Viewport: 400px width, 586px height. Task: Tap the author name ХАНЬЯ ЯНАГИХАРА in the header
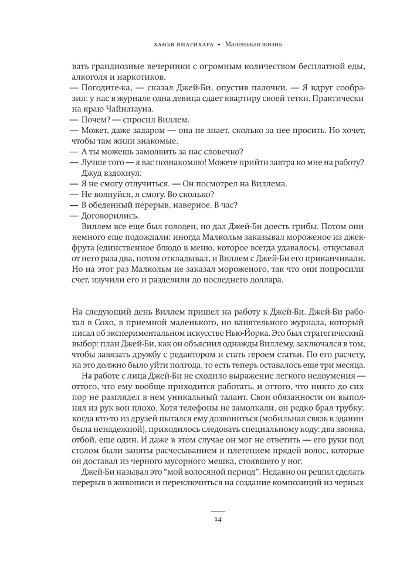182,44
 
